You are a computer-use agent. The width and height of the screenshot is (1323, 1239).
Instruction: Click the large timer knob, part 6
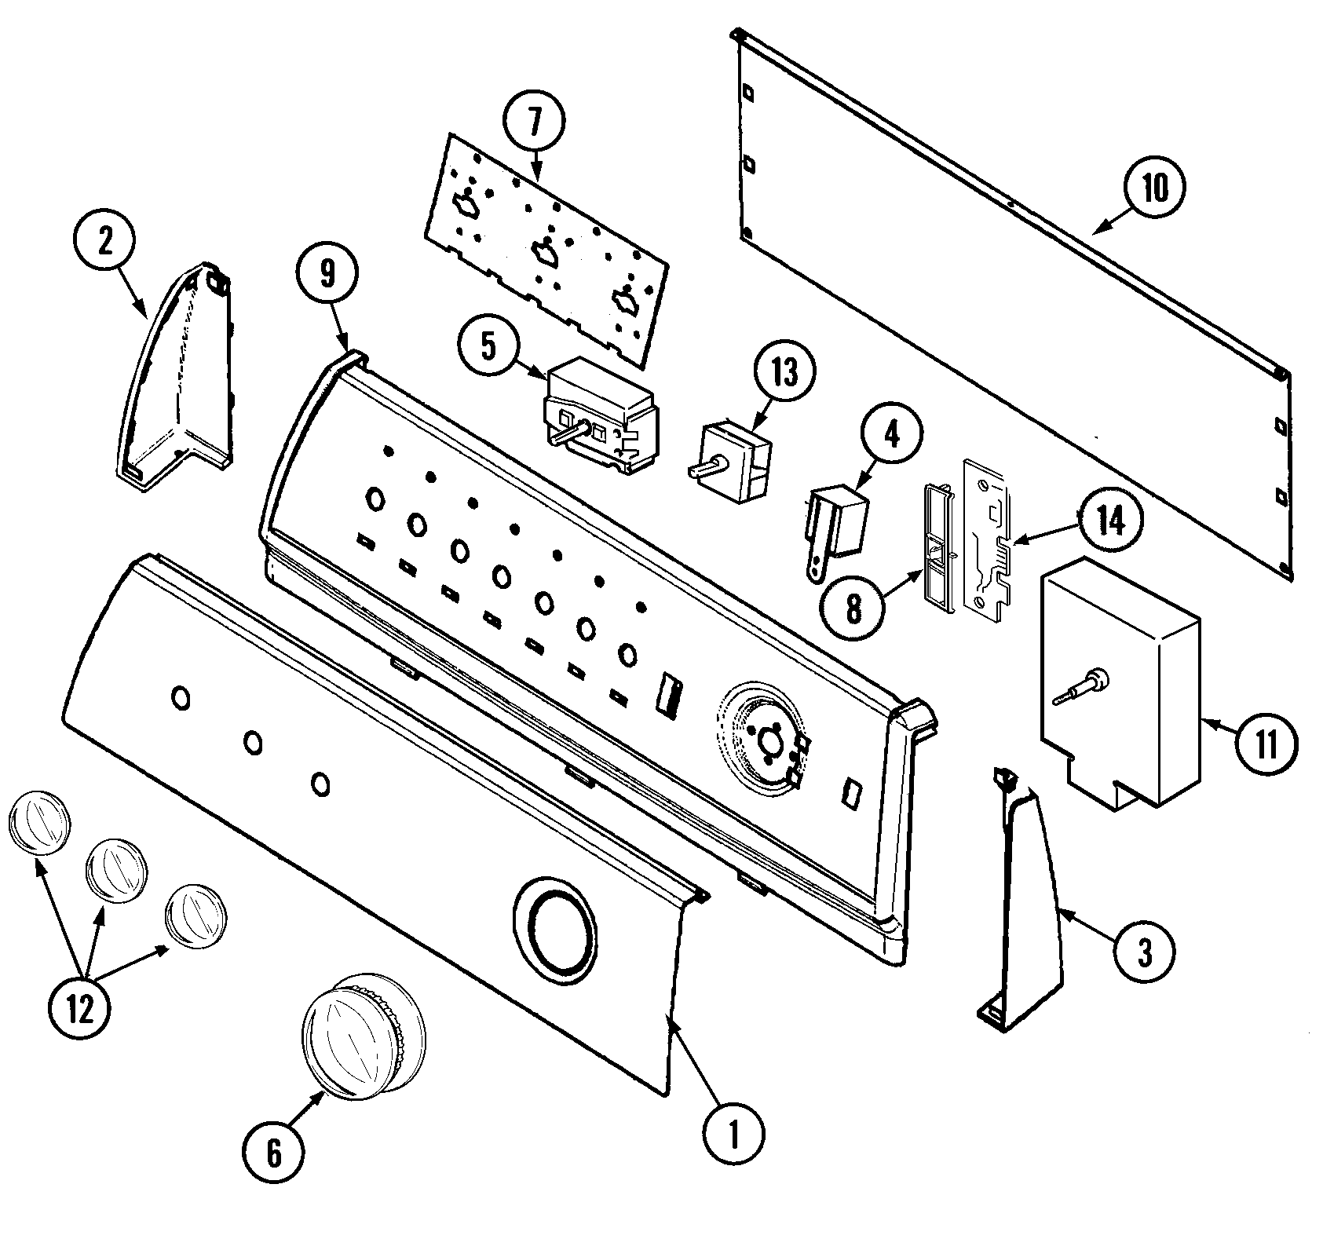coord(364,1035)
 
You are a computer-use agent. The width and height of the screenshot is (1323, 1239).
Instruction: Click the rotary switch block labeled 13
coord(736,462)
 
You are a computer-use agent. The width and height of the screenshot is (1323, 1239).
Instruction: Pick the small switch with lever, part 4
coord(836,521)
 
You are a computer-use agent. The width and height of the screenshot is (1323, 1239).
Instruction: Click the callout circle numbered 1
coord(733,1131)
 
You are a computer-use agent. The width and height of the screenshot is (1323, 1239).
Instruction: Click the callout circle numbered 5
coord(489,346)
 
